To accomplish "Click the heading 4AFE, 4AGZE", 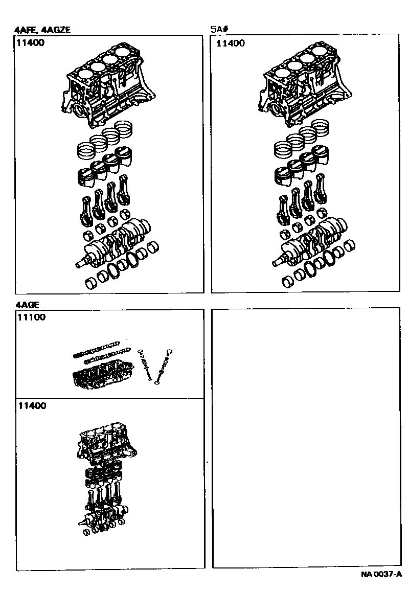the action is coord(42,30).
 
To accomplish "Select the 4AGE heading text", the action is coord(27,305).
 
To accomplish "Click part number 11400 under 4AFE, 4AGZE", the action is coord(30,42).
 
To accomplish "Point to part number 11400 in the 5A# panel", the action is coord(231,43).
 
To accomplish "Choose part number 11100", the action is coord(31,317).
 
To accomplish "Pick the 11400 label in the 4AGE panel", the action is coord(32,406).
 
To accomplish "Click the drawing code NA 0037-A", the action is coord(381,575).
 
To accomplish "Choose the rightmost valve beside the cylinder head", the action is coord(163,367).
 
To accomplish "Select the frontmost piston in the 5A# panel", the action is coord(283,175).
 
